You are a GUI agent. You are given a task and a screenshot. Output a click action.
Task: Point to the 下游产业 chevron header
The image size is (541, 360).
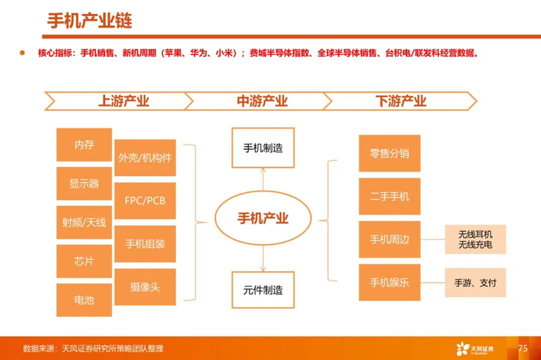pos(400,101)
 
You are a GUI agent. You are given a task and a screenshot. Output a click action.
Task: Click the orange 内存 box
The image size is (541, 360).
pos(83,145)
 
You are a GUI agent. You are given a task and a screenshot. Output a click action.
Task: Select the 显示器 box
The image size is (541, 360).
pos(83,184)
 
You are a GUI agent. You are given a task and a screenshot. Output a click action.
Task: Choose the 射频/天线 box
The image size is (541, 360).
pos(83,222)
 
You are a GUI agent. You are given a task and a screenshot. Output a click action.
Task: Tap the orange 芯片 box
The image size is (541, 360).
pos(83,261)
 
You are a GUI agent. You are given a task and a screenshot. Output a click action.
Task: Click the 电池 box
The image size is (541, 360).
pos(83,299)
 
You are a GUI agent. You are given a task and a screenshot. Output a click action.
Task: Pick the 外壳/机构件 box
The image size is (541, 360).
pos(145,158)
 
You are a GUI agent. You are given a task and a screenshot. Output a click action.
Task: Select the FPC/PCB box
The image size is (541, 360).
pos(145,201)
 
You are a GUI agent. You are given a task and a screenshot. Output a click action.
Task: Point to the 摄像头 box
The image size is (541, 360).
pos(145,287)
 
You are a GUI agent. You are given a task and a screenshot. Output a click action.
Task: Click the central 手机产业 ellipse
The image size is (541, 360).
pos(263,218)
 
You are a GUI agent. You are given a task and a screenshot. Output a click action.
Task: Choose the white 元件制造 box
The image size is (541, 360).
pos(263,290)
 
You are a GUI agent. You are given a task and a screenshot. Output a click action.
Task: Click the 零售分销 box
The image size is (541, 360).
pos(389,153)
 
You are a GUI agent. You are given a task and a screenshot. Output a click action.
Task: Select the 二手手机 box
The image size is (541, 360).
pos(389,196)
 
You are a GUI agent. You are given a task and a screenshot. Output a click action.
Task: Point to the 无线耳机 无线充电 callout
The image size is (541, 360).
pos(475,239)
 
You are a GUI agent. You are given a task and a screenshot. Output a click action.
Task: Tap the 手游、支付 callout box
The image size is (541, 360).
pos(475,283)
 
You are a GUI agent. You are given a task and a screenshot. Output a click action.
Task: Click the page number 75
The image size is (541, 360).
pos(522,348)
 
